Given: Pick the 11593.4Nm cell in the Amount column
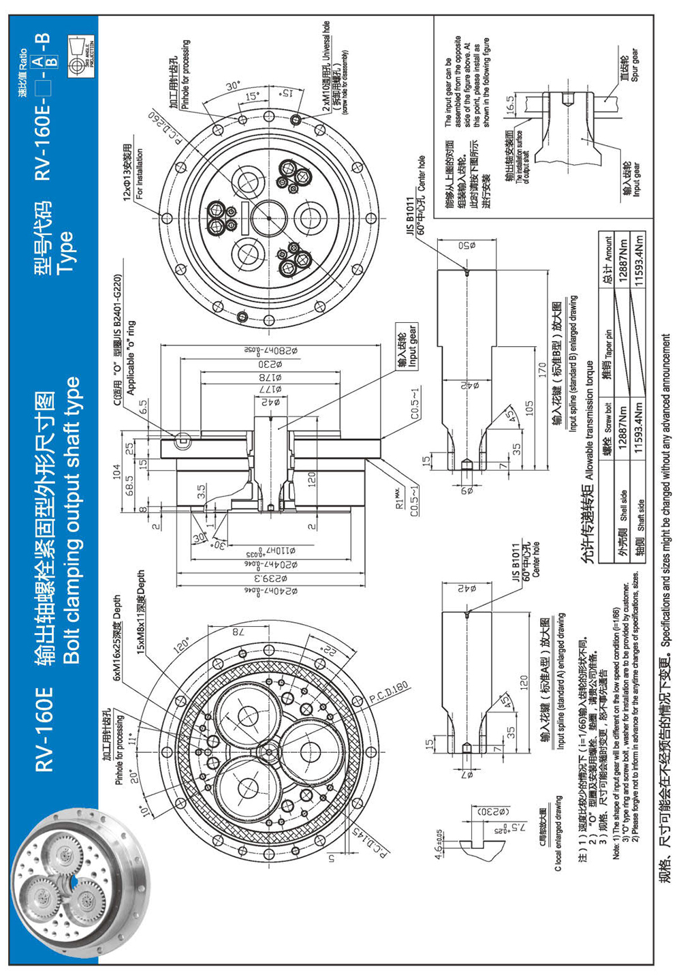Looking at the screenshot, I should (637, 260).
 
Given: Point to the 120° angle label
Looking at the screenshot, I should (182, 645).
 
